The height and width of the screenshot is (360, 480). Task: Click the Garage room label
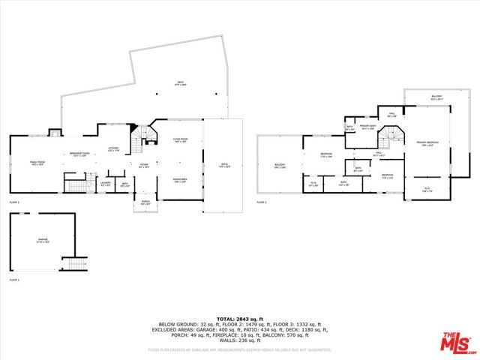click(43, 241)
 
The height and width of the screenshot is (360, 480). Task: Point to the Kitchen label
click(114, 148)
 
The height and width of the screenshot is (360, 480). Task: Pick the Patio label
click(224, 165)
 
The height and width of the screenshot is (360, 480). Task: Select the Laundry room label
click(106, 182)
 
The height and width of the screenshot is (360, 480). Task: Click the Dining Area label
click(179, 180)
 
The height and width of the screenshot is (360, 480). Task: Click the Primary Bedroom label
click(427, 143)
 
